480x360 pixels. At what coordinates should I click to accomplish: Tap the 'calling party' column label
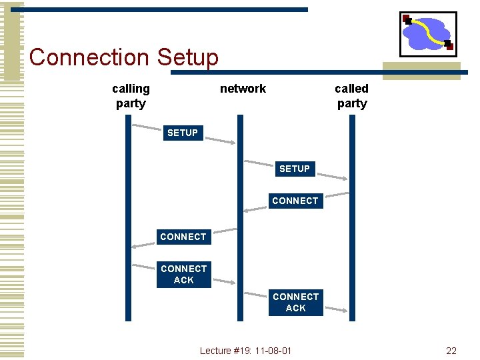131,96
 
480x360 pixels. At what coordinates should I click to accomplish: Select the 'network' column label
243,89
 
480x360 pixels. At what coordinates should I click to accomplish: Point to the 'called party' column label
351,96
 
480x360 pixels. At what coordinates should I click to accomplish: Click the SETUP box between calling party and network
183,133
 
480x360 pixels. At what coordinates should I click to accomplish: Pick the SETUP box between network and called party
294,169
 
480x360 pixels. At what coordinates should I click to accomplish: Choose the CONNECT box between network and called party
295,201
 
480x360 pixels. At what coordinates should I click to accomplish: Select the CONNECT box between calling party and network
183,237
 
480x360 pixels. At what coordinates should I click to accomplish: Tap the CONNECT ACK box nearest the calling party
183,274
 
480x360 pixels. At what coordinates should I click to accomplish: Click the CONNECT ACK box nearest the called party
295,302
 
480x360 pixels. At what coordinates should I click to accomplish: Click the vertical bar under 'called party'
353,253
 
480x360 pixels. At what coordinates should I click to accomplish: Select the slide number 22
451,351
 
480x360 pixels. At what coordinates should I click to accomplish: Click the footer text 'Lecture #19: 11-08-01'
245,351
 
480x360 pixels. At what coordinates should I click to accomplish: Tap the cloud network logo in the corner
427,33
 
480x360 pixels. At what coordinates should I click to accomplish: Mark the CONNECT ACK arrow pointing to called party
333,309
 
